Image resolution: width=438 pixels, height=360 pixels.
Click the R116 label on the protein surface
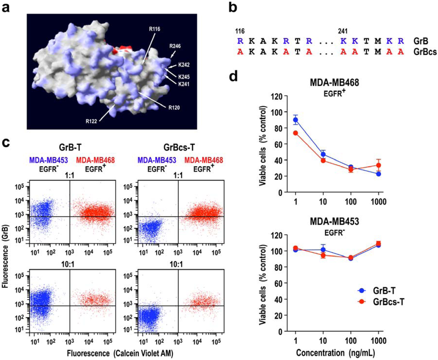(155, 29)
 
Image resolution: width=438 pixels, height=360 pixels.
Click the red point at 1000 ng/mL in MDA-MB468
(378, 166)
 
